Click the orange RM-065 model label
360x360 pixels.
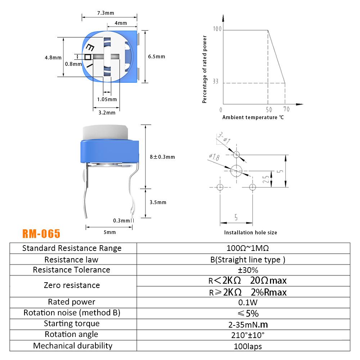click(41, 234)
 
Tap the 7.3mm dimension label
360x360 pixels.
click(105, 13)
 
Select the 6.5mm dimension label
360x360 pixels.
click(157, 57)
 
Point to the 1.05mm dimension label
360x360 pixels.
click(107, 99)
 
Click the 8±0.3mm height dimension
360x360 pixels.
click(162, 157)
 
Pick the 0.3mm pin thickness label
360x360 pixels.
click(121, 220)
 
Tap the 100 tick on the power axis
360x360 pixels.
click(217, 29)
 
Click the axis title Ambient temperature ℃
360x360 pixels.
click(253, 117)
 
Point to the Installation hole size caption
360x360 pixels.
click(251, 233)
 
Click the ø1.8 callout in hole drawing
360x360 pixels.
click(214, 157)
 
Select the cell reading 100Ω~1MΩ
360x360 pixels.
click(243, 248)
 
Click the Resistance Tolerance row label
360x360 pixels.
click(71, 270)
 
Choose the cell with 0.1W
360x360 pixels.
click(243, 302)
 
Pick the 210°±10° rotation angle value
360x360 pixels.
click(243, 335)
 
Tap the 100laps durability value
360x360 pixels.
click(243, 346)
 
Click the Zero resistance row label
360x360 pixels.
click(71, 285)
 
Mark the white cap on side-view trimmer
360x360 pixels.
click(105, 132)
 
